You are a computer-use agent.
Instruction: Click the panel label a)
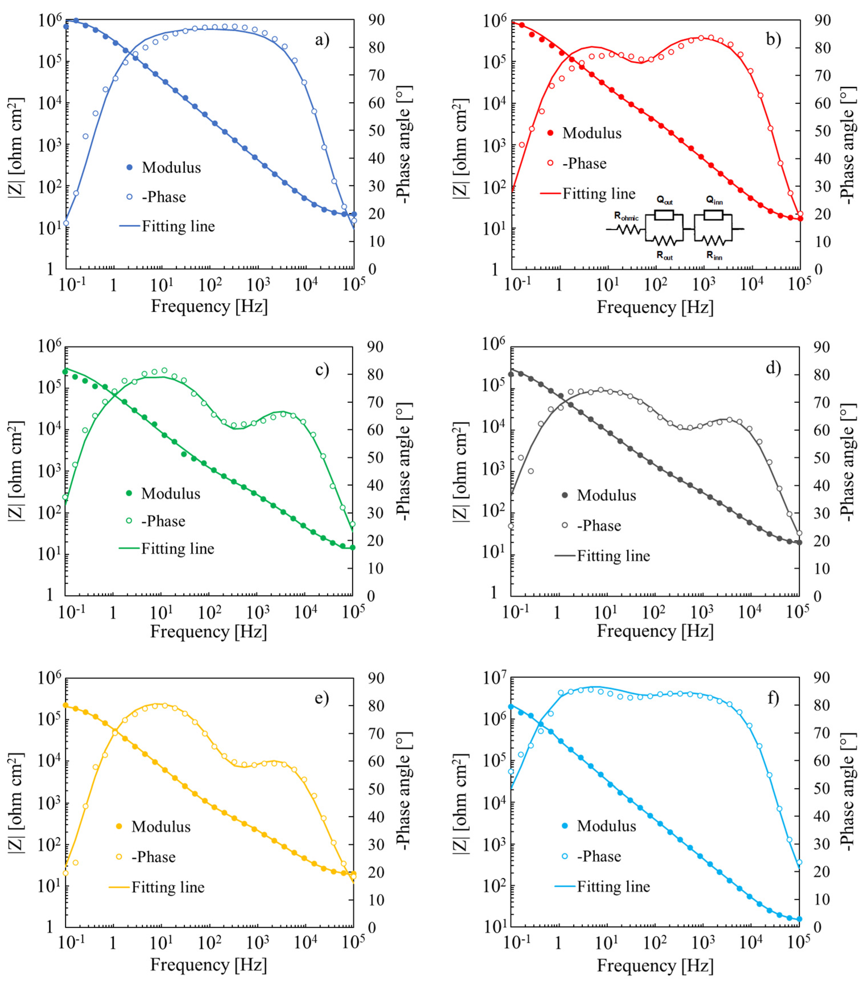[322, 40]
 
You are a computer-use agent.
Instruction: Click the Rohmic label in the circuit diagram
[626, 217]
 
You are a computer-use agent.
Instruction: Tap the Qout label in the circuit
[665, 200]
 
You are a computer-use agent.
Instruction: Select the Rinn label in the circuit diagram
[714, 256]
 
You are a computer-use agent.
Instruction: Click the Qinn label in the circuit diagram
[714, 200]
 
